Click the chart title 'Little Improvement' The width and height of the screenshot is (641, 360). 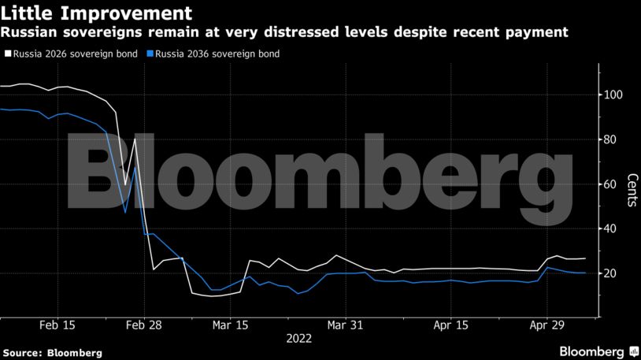[x=96, y=13]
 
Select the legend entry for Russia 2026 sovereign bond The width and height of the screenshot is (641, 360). [x=76, y=54]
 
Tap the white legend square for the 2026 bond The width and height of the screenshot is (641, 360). [x=8, y=54]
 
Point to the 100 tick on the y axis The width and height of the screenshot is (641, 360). [x=613, y=95]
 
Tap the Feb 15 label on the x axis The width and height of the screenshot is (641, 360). [x=57, y=324]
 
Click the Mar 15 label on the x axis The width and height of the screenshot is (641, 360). [x=230, y=324]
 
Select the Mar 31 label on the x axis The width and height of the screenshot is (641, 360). [x=346, y=324]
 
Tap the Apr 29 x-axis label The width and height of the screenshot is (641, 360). [x=548, y=324]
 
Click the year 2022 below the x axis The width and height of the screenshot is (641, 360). [x=299, y=339]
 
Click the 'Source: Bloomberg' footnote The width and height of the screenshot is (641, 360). [x=52, y=353]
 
